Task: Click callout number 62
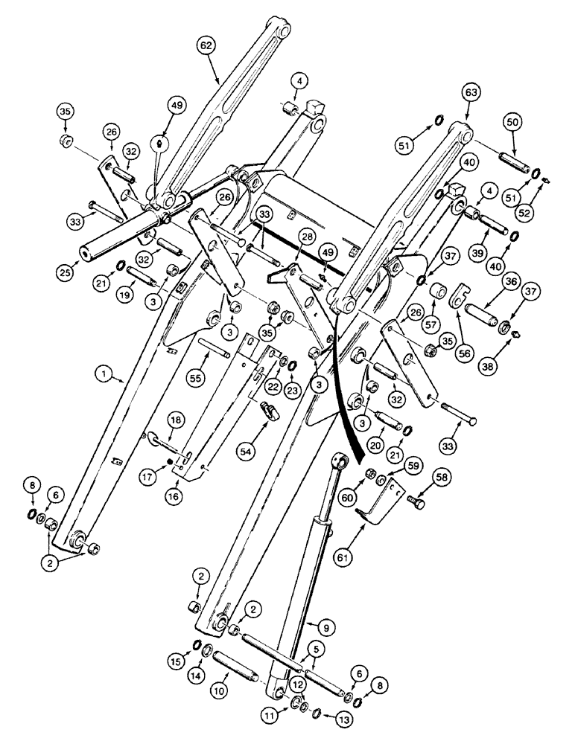pos(206,45)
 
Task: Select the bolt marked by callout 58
pos(418,505)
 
